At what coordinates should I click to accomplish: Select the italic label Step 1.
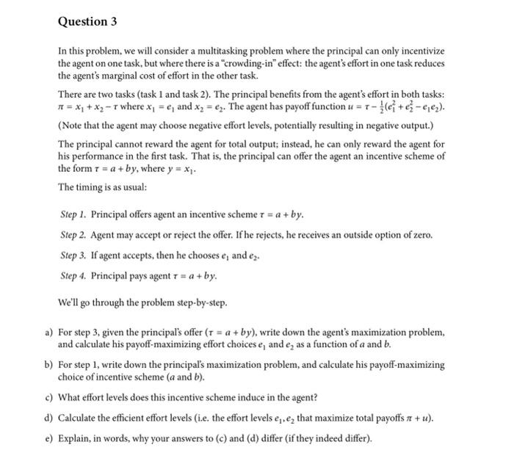(73, 214)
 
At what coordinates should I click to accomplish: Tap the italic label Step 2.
(73, 235)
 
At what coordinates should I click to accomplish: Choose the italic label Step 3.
(73, 255)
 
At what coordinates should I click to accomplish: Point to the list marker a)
(48, 331)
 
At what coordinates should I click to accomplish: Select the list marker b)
(48, 364)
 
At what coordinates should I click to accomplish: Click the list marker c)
(48, 398)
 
